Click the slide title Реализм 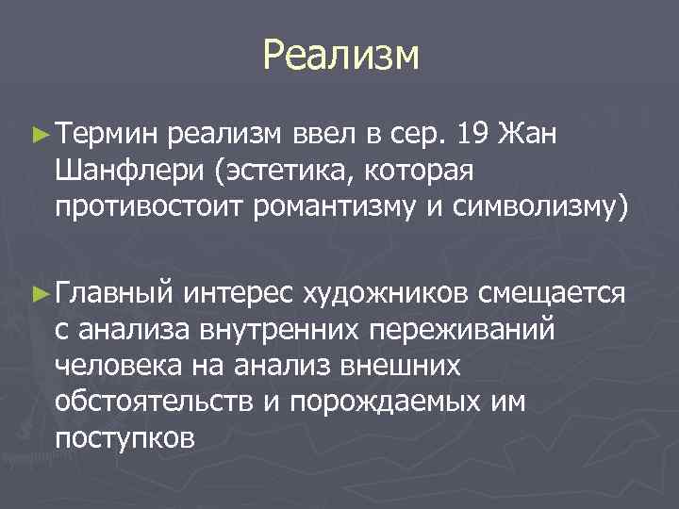(339, 56)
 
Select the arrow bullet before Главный (39, 294)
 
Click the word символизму (535, 207)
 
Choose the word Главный (115, 294)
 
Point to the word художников (386, 294)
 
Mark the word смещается (551, 294)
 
